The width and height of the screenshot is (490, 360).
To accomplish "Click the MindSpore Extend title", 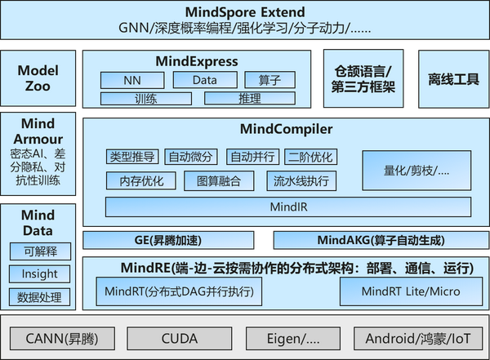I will point(245,12).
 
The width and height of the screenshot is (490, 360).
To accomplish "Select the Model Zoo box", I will point(38,78).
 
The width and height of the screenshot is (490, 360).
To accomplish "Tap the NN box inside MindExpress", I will point(131,81).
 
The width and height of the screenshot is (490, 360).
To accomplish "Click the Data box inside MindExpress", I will point(204,81).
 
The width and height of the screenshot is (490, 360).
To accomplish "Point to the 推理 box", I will point(243,99).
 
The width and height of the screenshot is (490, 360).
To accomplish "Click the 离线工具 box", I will point(452,78).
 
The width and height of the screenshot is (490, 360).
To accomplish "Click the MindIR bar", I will point(287,207).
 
